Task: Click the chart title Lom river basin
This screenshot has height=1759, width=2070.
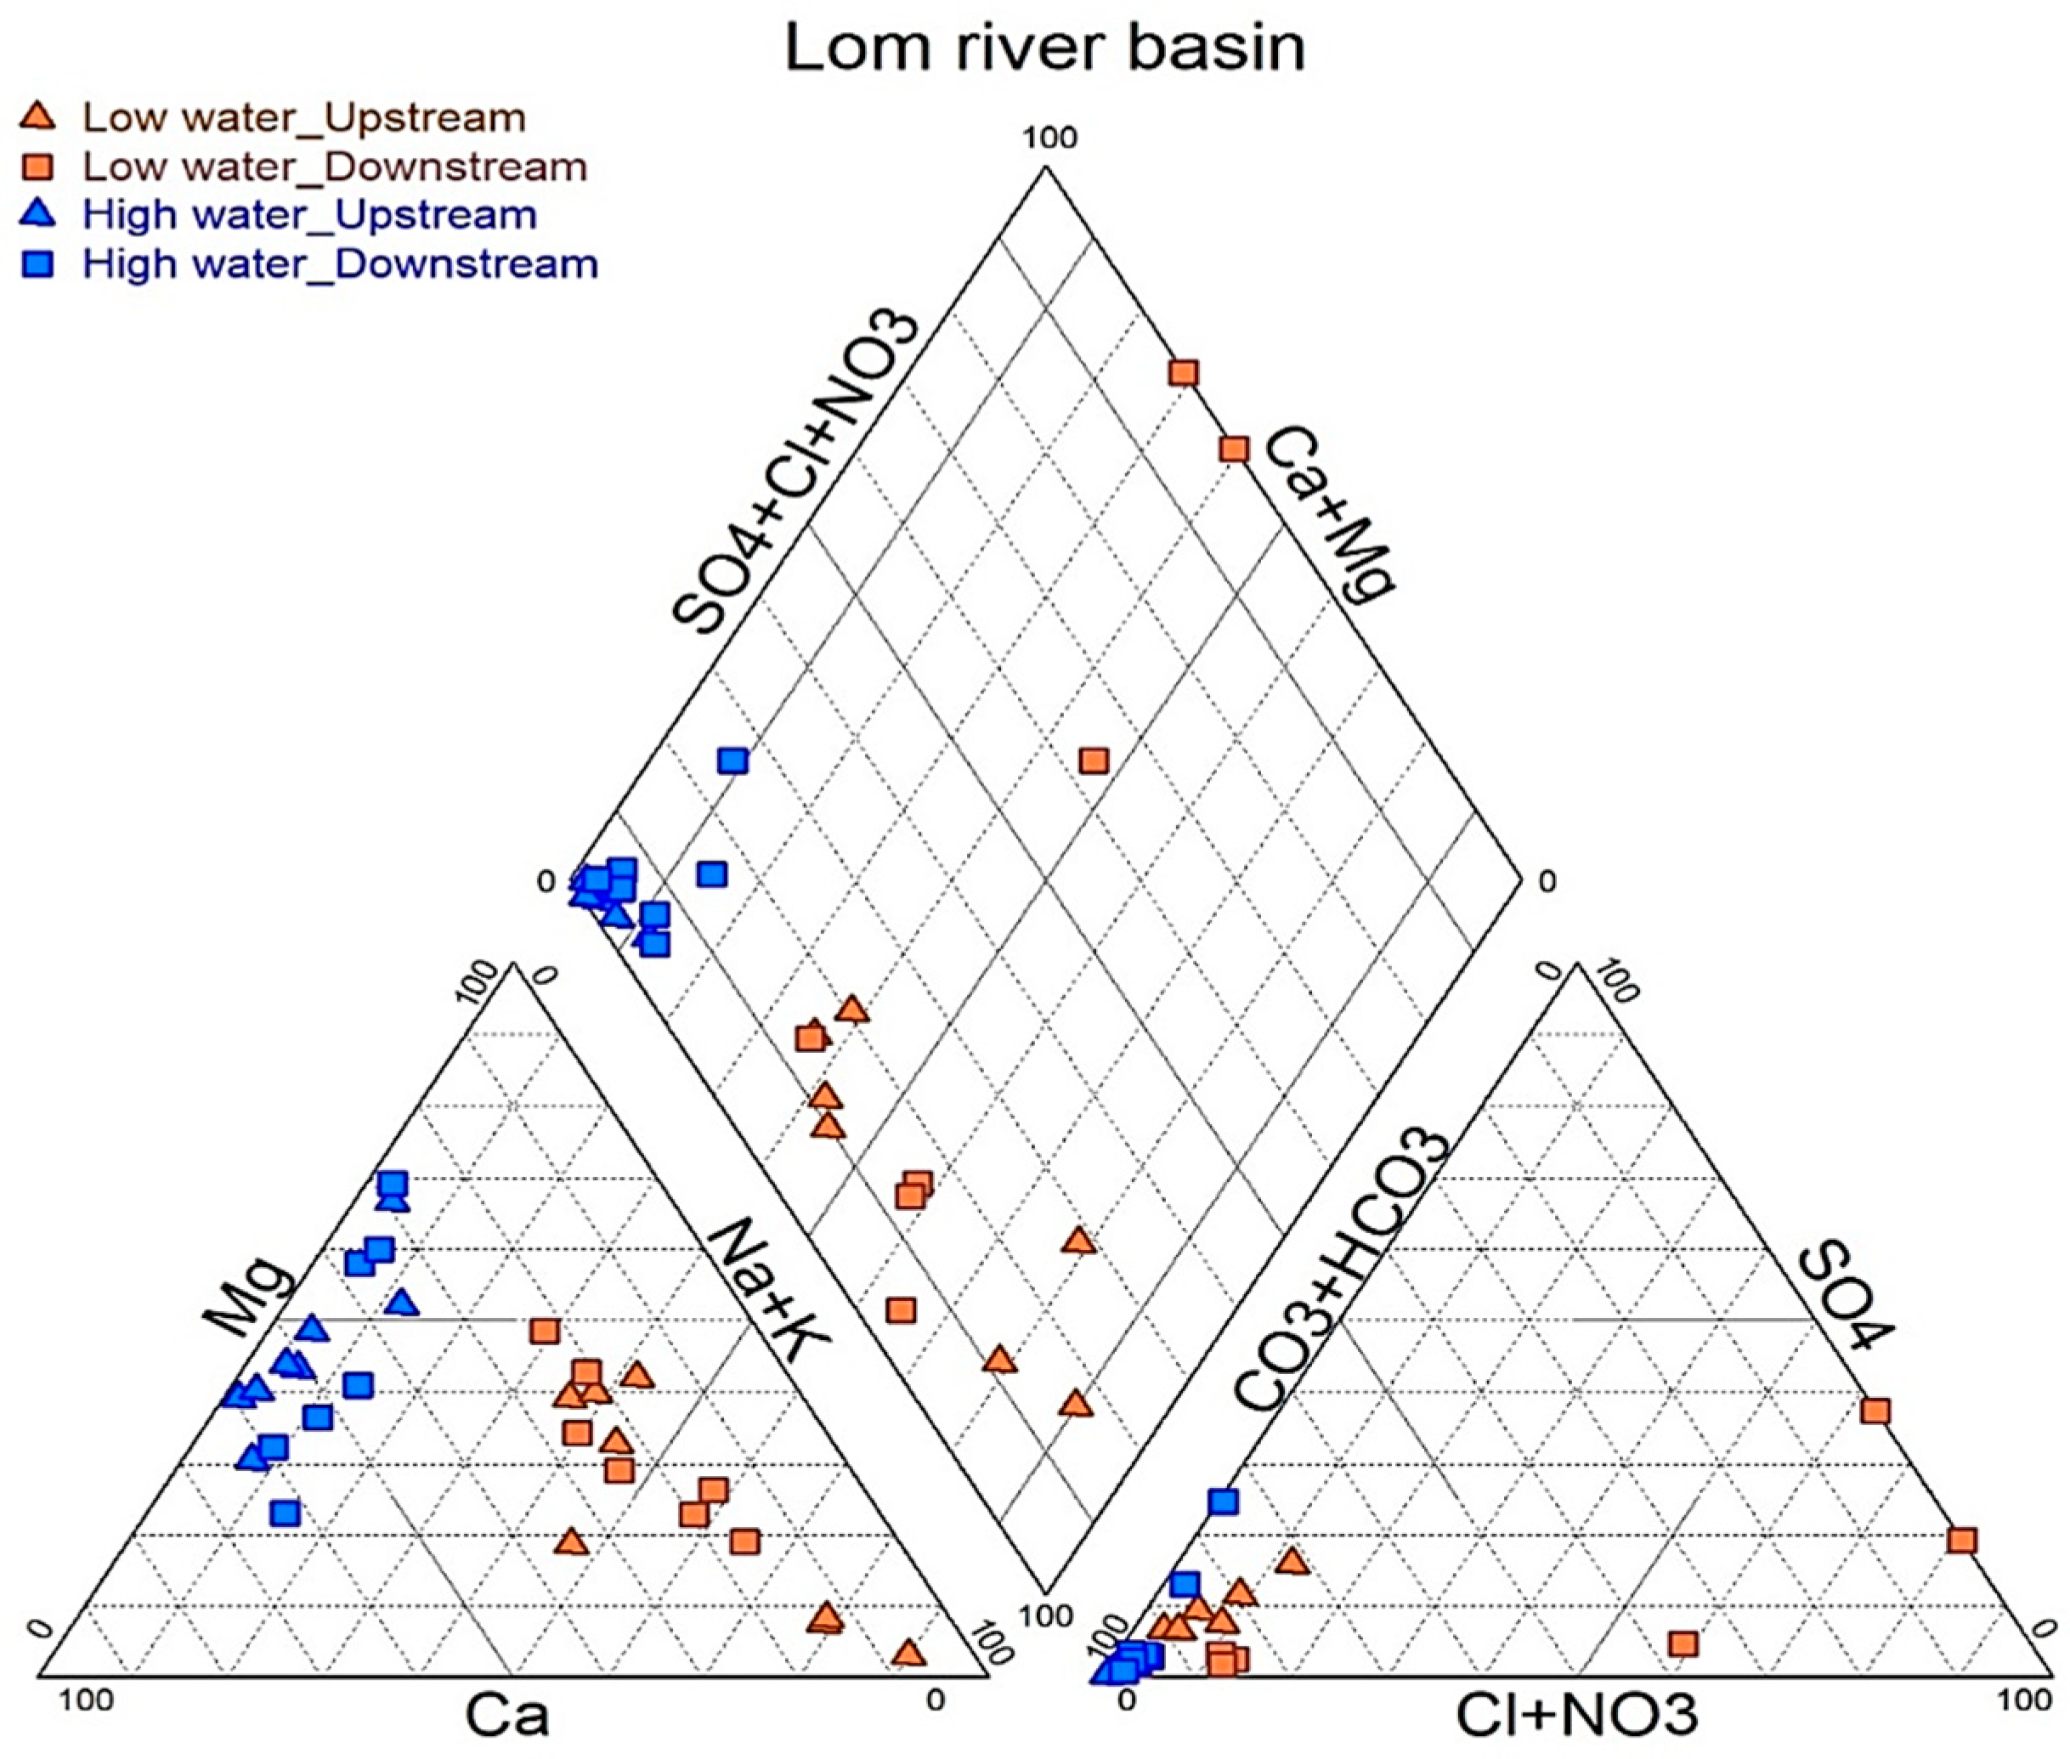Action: pyautogui.click(x=1044, y=47)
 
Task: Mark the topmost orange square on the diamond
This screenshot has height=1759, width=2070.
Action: pyautogui.click(x=1183, y=373)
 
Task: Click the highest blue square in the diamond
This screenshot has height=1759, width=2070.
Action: pyautogui.click(x=732, y=761)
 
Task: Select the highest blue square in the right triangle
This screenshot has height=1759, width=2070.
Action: pyautogui.click(x=1224, y=1501)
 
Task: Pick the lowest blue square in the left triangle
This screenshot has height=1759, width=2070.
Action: pyautogui.click(x=286, y=1513)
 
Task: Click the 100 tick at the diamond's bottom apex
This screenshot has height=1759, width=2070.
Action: pyautogui.click(x=1047, y=1615)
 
